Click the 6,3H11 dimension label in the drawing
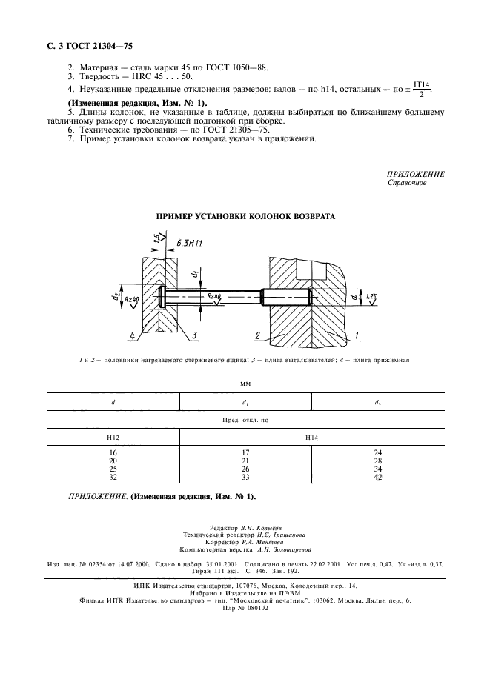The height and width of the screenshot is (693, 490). click(x=191, y=242)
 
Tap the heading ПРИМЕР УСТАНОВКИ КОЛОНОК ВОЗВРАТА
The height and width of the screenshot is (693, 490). click(x=245, y=217)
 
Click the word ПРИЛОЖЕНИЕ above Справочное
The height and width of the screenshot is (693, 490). click(x=416, y=174)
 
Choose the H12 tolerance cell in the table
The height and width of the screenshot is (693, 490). click(x=113, y=438)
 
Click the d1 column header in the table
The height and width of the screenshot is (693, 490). click(x=245, y=402)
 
